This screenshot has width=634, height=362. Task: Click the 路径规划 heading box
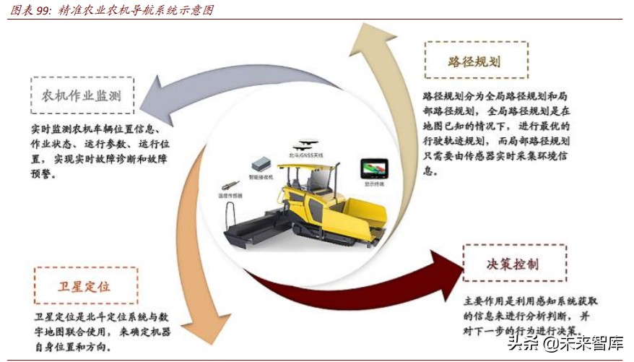click(x=476, y=61)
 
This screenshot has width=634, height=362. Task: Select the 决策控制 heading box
click(x=514, y=263)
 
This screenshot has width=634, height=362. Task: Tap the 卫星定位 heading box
click(x=85, y=286)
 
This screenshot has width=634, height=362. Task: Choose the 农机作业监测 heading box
click(x=81, y=95)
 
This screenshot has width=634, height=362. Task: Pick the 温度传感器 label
click(x=231, y=196)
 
